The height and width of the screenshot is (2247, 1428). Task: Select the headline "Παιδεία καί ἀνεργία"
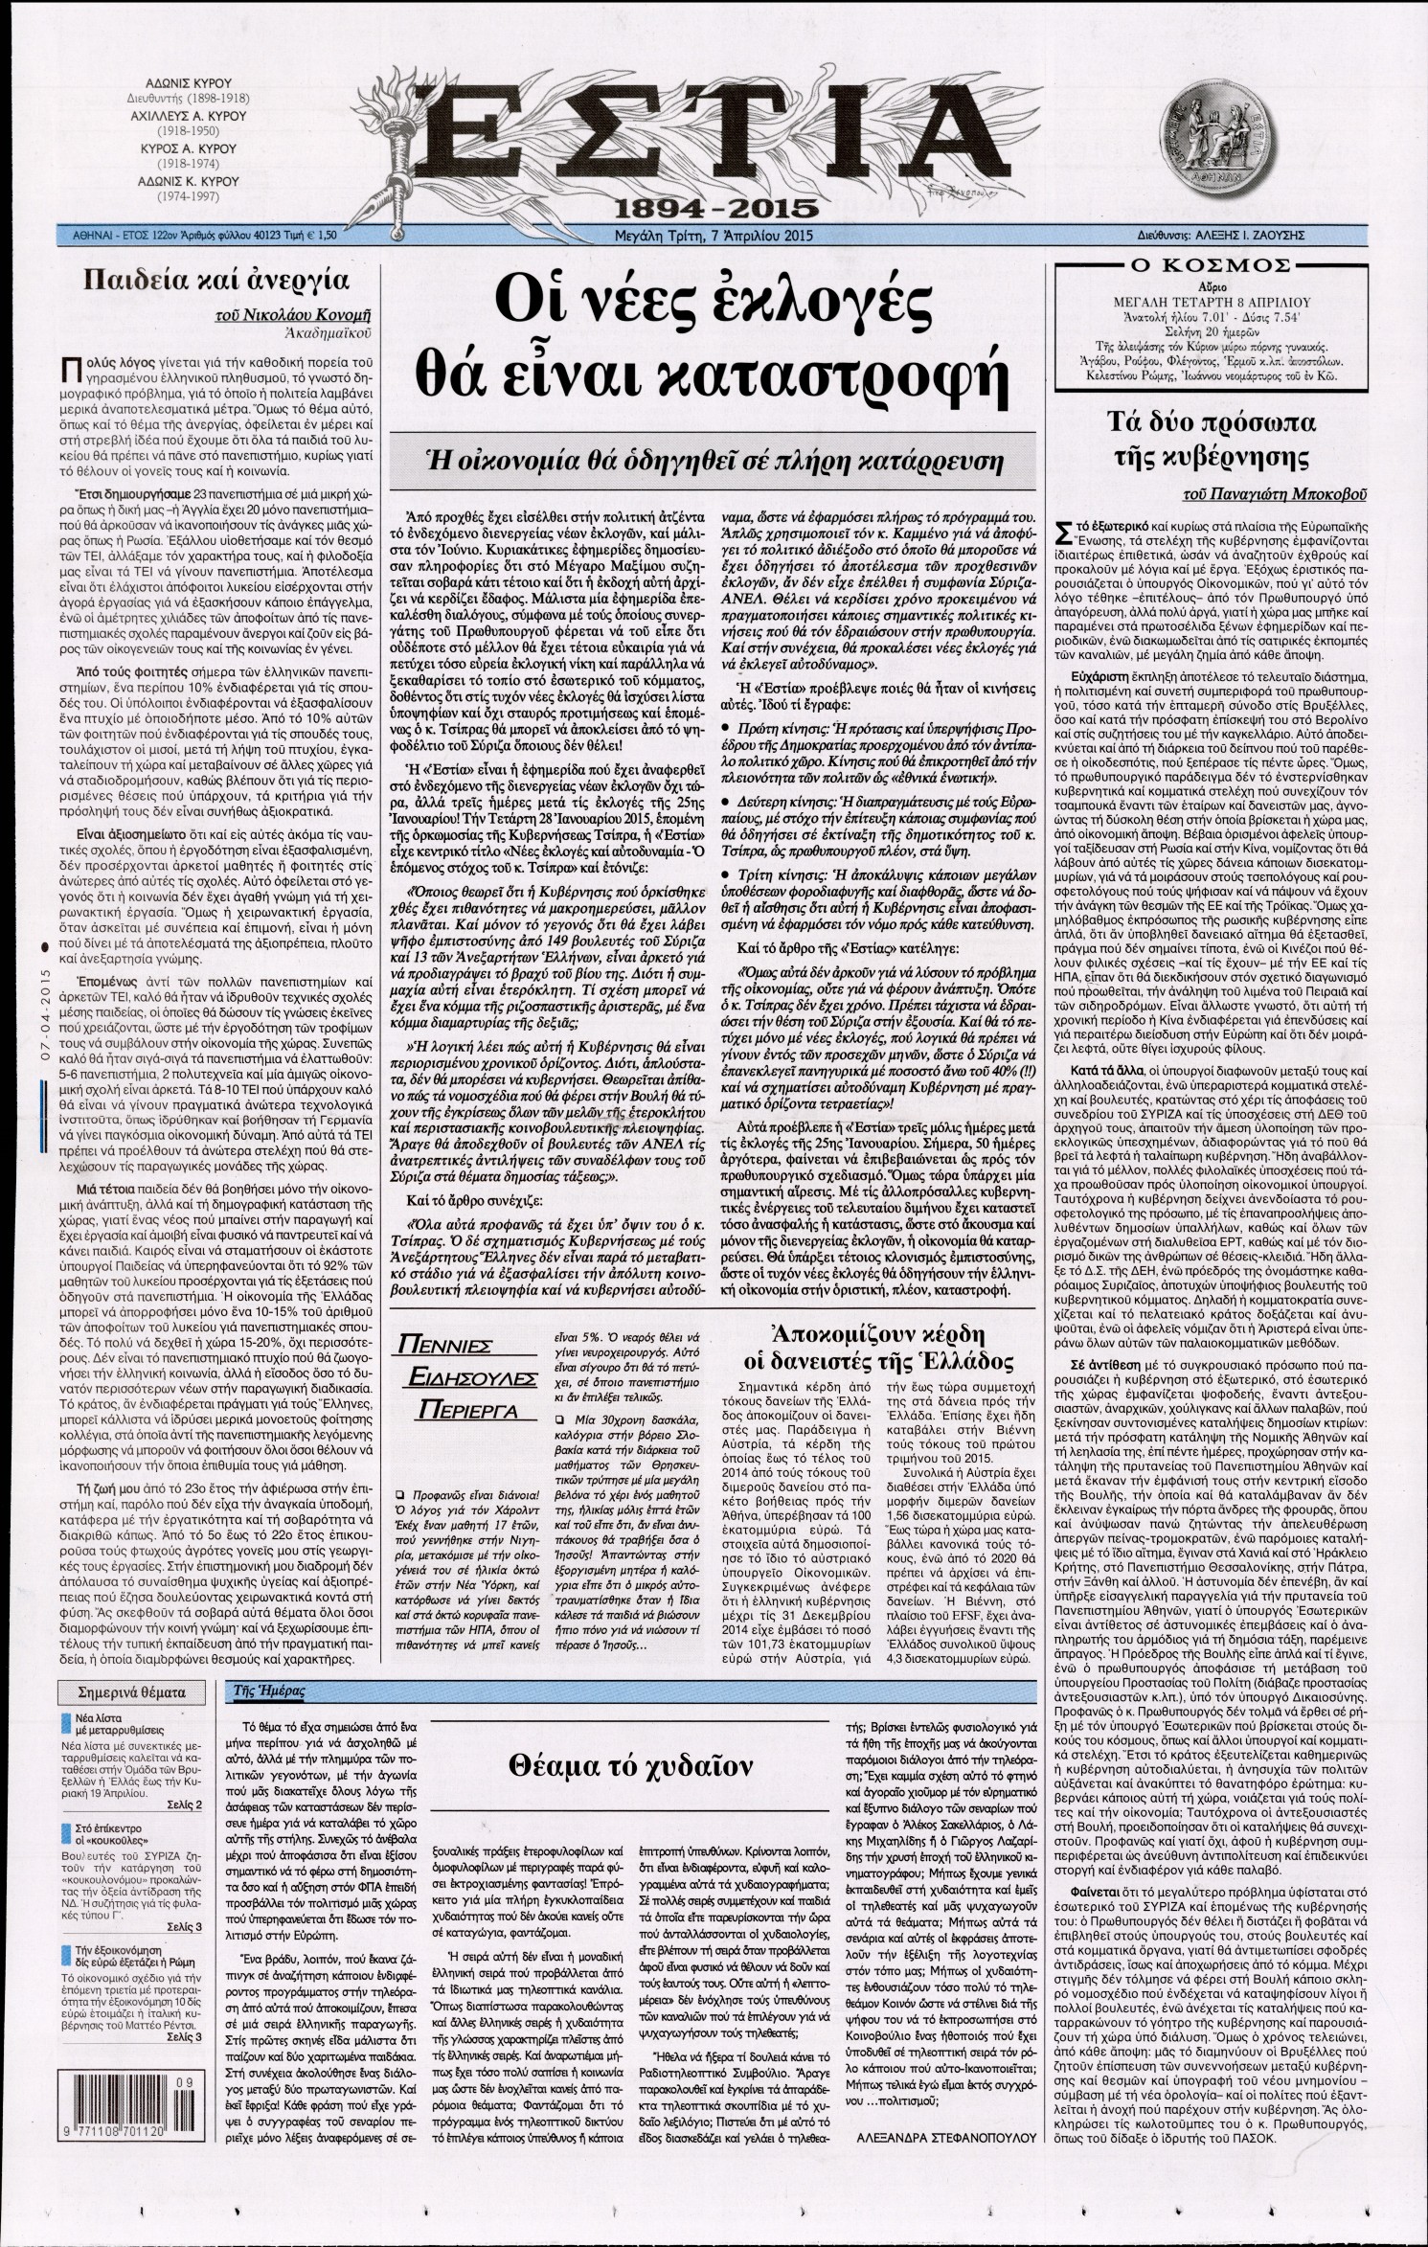(x=214, y=281)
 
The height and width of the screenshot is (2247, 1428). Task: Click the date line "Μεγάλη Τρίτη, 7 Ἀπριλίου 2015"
(x=714, y=235)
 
